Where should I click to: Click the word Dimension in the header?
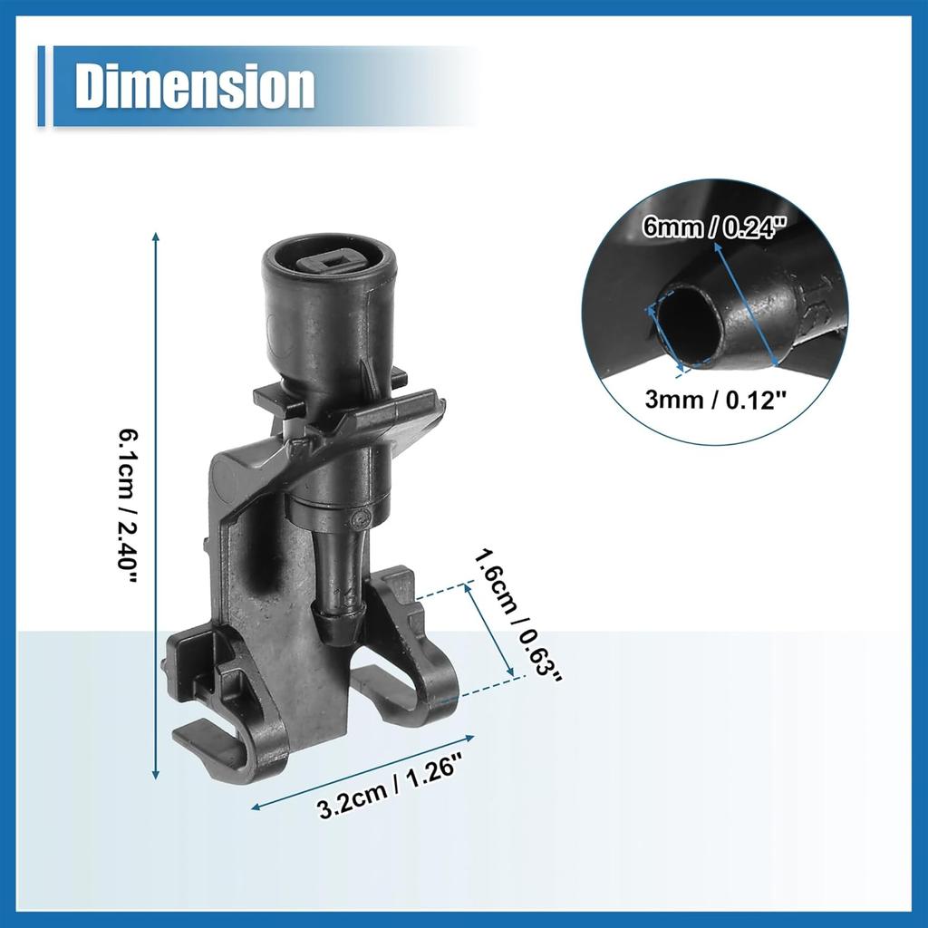(x=195, y=86)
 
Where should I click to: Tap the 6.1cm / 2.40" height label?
(x=127, y=499)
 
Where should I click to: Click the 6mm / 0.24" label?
(x=715, y=226)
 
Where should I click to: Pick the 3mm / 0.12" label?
(x=715, y=400)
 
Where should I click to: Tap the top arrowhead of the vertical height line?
(x=156, y=237)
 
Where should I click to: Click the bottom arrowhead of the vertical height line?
(x=156, y=774)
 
